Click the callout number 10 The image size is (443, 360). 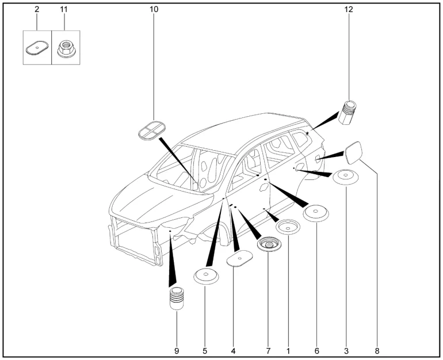coord(154,10)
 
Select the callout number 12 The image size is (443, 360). coord(349,10)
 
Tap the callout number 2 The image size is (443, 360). coord(37,10)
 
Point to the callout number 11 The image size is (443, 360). coord(64,10)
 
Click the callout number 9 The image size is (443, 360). coord(177,350)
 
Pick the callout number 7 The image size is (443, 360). coord(269,350)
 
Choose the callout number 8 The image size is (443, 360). coord(377,350)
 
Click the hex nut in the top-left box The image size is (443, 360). coord(65,49)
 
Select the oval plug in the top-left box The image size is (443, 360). coord(37,49)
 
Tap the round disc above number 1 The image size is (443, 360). coord(288,228)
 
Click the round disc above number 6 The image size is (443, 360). coord(316,213)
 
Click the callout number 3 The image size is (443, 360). coord(346,350)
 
